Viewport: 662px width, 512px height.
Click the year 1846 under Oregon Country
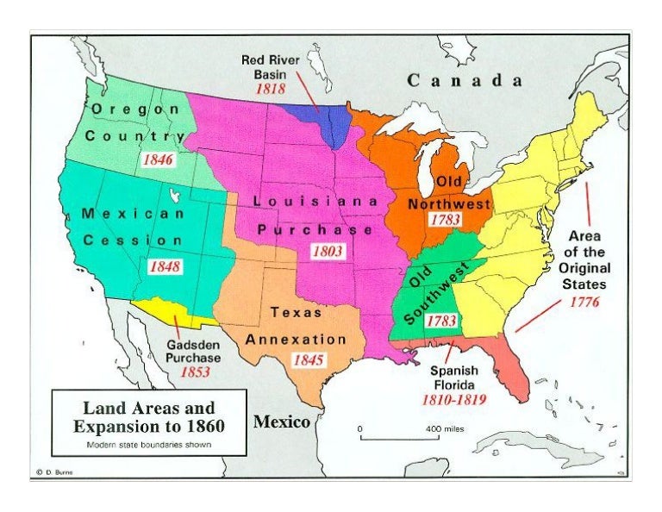coord(158,159)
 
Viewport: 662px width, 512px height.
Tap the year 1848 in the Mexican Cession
coord(165,266)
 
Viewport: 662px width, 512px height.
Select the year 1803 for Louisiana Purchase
coord(328,252)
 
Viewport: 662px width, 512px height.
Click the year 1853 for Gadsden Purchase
coord(194,372)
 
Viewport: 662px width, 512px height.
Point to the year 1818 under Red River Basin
coord(270,88)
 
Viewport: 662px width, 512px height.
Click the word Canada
coord(465,81)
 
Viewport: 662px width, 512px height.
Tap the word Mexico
coord(282,422)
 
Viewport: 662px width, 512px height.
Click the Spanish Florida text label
coord(455,378)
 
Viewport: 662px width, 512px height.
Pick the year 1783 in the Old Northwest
coord(445,220)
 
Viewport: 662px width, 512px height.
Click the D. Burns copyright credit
coord(54,472)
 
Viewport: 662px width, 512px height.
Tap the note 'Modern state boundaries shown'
coord(149,446)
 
